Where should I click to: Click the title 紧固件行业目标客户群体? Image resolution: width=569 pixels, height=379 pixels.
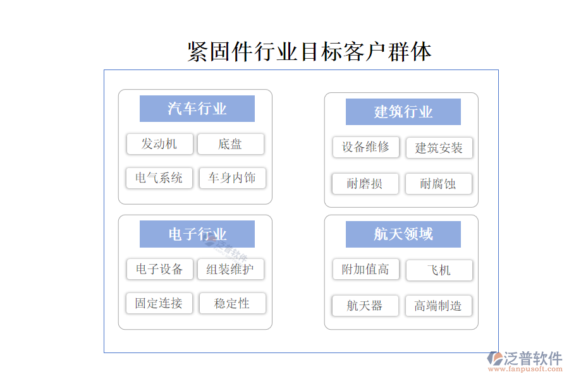309,52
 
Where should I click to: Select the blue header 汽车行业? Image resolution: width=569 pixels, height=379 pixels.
197,109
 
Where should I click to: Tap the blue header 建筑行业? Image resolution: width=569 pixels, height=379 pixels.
403,112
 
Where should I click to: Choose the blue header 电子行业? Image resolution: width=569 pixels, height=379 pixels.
197,234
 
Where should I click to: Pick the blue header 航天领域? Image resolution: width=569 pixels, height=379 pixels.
403,234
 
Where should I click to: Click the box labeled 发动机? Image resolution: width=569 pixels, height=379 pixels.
160,144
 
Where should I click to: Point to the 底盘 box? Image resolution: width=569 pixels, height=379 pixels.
230,144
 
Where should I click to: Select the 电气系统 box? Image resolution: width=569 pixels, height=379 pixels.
159,177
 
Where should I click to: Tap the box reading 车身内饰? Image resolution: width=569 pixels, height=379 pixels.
232,177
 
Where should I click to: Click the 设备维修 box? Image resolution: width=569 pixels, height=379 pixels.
366,147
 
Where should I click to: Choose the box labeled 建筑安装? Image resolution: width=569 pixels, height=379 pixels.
439,148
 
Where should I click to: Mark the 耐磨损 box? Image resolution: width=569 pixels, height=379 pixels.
365,184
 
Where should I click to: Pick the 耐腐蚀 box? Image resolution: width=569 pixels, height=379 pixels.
438,184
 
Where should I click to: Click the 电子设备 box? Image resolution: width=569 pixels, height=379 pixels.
160,269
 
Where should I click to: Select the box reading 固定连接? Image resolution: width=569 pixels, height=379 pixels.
159,303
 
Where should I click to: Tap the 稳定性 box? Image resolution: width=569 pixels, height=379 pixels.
232,303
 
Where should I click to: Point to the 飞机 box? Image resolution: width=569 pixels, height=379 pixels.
439,270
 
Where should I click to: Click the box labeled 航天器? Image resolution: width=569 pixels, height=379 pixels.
365,306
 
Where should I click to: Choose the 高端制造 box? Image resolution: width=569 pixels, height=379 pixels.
438,306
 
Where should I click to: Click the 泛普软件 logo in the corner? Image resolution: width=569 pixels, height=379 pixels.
524,361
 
